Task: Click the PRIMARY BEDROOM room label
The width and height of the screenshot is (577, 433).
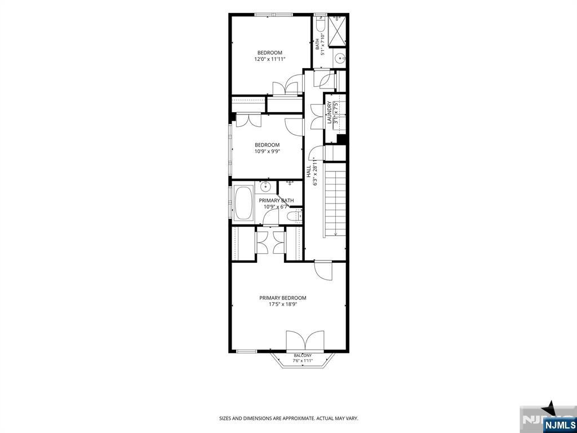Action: tap(283, 298)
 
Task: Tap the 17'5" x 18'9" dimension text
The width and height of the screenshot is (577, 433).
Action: tap(283, 304)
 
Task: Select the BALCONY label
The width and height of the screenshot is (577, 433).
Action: tap(303, 355)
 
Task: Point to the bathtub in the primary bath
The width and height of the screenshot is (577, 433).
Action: tap(243, 204)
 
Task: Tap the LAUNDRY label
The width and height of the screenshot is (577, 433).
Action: tap(329, 113)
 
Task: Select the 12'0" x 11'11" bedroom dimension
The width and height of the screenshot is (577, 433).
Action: tap(270, 59)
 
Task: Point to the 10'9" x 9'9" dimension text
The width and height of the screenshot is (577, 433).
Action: tap(267, 151)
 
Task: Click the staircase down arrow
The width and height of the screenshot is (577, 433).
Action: tap(336, 233)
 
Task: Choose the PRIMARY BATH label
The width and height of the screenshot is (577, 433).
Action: tap(276, 200)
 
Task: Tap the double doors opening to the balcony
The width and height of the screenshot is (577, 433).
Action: tap(305, 340)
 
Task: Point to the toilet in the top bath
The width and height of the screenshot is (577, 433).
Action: tap(319, 24)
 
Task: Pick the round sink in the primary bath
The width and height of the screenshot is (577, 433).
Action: tap(267, 187)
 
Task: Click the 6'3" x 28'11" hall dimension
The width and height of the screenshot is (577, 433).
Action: tap(315, 173)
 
